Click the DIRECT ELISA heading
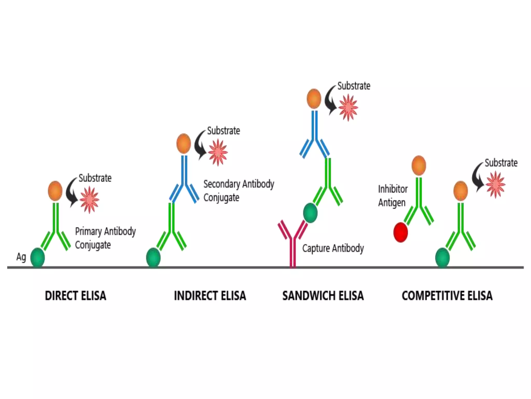pos(75,296)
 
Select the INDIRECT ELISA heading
pos(210,296)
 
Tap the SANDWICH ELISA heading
pos(323,296)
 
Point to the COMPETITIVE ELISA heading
pos(447,296)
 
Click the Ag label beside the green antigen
pos(21,257)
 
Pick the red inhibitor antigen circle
pos(401,232)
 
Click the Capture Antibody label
pos(333,248)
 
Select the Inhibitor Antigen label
pos(393,196)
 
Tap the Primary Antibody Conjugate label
pos(105,238)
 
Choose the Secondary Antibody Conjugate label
pos(239,191)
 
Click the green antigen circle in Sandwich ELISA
pos(310,213)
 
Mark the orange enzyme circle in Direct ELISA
pos(55,191)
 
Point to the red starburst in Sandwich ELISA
pos(348,108)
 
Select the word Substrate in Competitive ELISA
pos(501,163)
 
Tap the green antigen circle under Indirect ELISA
pos(153,258)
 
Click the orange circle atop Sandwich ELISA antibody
pos(314,99)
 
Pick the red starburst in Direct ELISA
pos(89,199)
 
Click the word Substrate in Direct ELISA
pos(95,178)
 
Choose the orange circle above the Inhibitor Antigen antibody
pos(419,165)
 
